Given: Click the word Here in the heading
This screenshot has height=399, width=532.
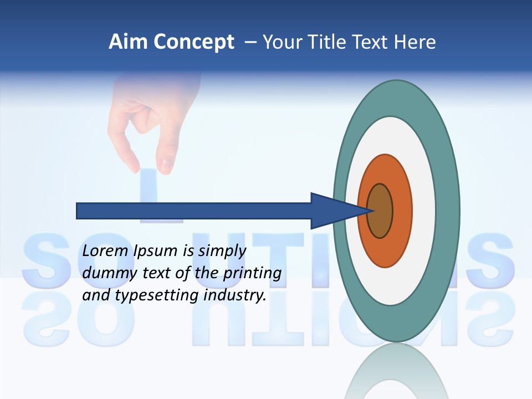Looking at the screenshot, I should [415, 42].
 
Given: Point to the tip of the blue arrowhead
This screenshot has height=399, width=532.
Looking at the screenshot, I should [370, 211].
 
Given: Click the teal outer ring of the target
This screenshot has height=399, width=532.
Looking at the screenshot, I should [447, 211].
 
